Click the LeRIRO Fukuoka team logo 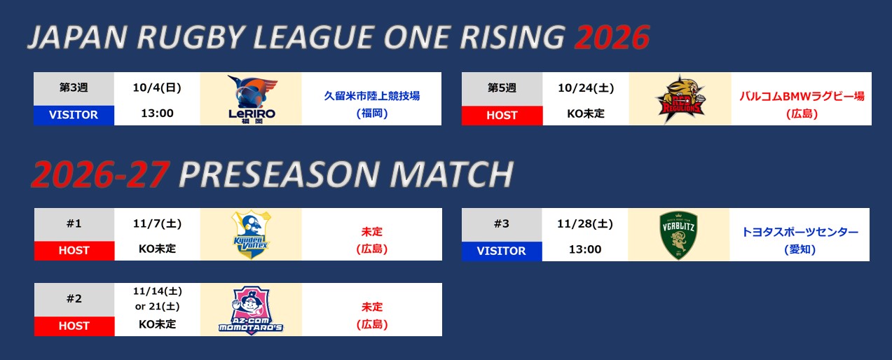click(252, 99)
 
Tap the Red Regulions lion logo click(680, 99)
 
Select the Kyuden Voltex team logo click(251, 235)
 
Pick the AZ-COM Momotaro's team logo click(251, 310)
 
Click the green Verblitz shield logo click(678, 235)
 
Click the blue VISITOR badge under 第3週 click(74, 115)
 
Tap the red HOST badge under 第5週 click(502, 116)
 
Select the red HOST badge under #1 click(74, 251)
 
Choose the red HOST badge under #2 click(74, 326)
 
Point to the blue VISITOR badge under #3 click(501, 251)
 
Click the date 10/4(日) click(157, 88)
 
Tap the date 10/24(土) click(586, 88)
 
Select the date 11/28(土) click(585, 224)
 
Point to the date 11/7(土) click(157, 224)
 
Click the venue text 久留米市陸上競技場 click(371, 96)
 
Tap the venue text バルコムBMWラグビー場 click(802, 97)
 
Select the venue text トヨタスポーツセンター click(800, 232)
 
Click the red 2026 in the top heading click(612, 37)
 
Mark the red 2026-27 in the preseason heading click(101, 174)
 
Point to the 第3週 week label click(74, 88)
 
